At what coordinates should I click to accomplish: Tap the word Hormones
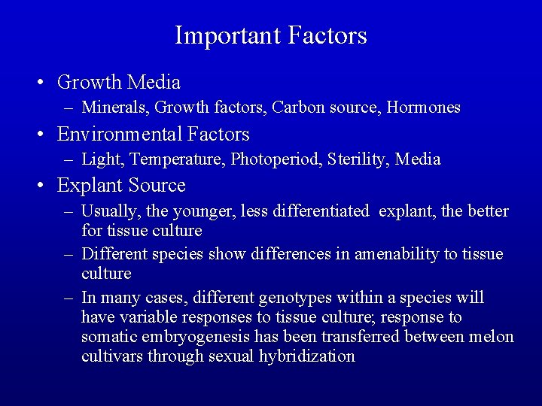(x=423, y=108)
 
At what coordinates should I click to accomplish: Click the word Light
(x=97, y=159)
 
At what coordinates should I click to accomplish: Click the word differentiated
(x=322, y=212)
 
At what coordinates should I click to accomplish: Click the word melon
(x=493, y=337)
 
